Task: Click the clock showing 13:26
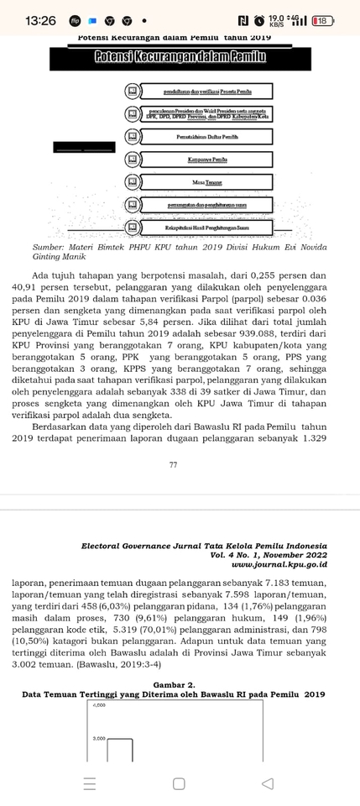(40, 20)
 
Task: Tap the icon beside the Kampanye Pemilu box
(132, 160)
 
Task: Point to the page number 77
(173, 464)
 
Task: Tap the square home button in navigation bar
(179, 783)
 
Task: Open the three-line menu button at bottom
(90, 783)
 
